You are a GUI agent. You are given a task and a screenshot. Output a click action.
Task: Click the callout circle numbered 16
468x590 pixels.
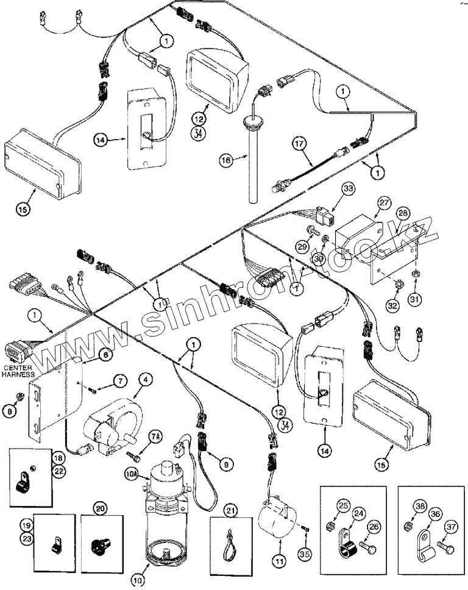click(225, 160)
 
